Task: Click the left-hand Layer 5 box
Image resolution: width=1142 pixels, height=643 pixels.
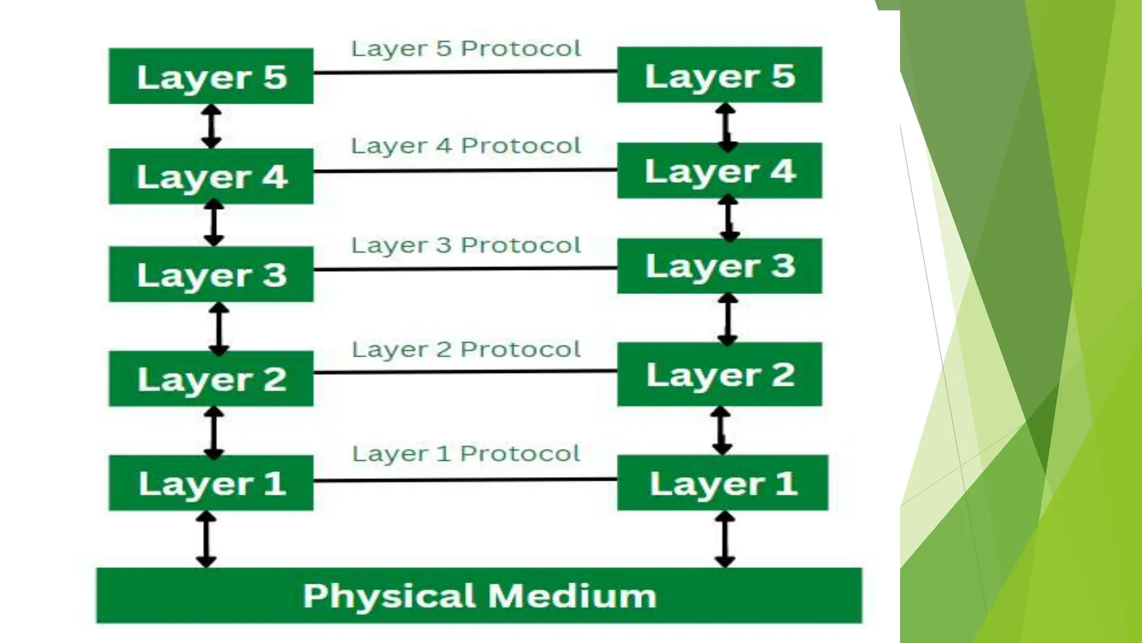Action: [x=211, y=76]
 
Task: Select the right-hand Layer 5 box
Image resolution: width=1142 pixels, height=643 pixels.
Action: [x=719, y=75]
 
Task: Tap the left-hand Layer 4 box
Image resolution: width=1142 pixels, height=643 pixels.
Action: [x=211, y=176]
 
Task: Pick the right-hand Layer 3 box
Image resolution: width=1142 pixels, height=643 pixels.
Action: [x=719, y=266]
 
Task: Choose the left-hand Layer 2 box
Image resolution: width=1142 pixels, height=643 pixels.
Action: [x=211, y=379]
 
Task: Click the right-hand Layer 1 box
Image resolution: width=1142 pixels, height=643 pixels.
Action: [x=723, y=483]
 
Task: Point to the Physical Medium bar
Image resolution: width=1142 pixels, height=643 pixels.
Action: [x=479, y=596]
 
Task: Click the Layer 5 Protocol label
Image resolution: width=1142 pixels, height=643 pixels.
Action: [x=466, y=49]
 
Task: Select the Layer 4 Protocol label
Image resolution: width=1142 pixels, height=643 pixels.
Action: [x=466, y=146]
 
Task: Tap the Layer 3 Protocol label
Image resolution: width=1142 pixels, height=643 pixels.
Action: [x=466, y=245]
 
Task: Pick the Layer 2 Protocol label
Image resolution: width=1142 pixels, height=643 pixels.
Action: [x=466, y=349]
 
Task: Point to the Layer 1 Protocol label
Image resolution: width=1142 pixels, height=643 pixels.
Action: [x=466, y=453]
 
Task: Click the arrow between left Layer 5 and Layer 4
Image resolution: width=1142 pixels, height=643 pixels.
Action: [x=211, y=126]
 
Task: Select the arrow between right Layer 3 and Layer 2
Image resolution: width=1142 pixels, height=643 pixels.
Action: [x=728, y=319]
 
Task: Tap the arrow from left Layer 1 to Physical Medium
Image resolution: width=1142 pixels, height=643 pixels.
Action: [x=206, y=539]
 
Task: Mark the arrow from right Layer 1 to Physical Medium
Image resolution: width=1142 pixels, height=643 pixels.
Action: [x=724, y=539]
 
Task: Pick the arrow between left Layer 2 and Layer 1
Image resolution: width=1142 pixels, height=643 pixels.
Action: [x=214, y=431]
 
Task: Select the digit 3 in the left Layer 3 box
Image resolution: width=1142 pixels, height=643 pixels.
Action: [x=274, y=275]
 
